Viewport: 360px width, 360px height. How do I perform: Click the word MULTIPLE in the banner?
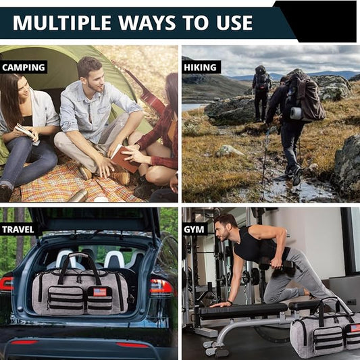click(62, 23)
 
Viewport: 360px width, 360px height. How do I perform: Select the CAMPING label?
click(24, 68)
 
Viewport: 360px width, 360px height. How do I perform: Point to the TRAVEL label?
click(18, 230)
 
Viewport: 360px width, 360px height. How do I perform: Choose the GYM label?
click(194, 230)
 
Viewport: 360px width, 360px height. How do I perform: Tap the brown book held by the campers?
click(125, 159)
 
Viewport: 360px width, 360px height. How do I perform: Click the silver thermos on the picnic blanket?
click(78, 196)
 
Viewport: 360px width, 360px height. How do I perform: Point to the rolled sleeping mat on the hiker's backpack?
click(296, 113)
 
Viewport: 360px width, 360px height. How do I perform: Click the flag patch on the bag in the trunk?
click(100, 292)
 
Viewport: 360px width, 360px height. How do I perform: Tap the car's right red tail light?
click(161, 287)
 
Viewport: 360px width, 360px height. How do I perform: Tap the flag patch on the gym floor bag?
click(355, 328)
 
